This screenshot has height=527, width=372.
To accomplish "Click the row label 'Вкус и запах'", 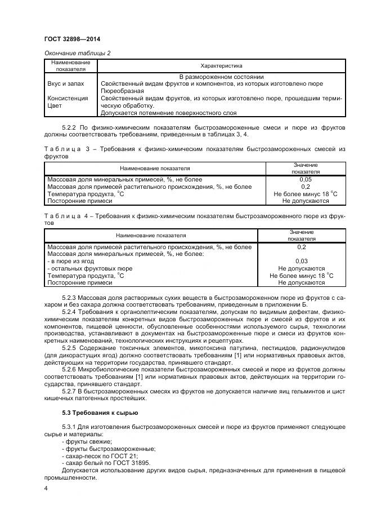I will pyautogui.click(x=66, y=83).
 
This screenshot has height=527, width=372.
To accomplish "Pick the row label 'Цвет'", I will pyautogui.click(x=54, y=104).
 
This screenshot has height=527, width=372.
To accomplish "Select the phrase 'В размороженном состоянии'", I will pyautogui.click(x=221, y=77).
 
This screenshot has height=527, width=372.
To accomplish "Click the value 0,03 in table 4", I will pyautogui.click(x=301, y=261).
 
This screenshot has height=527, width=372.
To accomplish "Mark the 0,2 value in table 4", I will pyautogui.click(x=301, y=247).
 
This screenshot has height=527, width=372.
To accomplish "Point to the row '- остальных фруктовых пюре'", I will pyautogui.click(x=90, y=268).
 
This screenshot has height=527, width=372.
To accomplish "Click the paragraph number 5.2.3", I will pyautogui.click(x=69, y=296).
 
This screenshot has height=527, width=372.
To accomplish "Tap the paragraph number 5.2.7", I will pyautogui.click(x=69, y=391).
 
